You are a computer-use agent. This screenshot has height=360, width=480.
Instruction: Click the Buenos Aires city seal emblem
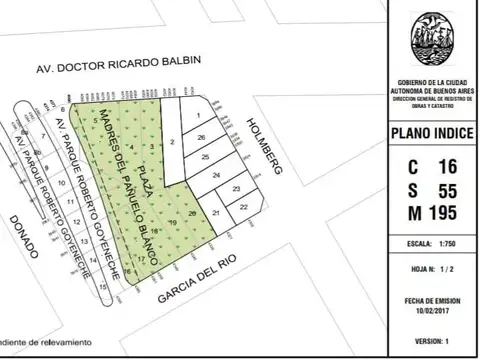[431, 41]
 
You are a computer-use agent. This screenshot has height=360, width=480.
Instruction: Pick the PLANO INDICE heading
[432, 133]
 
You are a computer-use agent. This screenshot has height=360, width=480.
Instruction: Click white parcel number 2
[172, 143]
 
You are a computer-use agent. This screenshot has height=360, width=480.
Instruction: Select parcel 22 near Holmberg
[244, 205]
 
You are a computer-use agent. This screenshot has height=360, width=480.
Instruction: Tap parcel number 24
[216, 175]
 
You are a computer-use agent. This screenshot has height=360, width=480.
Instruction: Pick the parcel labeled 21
[216, 213]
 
